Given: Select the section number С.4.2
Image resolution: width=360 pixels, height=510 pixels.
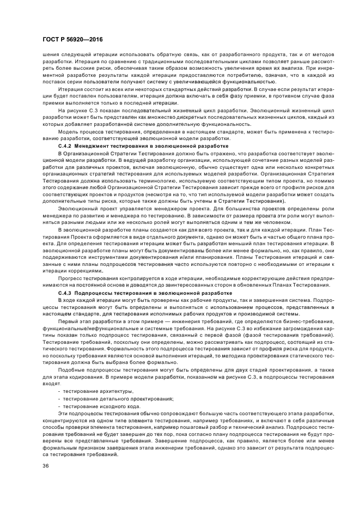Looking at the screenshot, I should [x=65, y=147].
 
